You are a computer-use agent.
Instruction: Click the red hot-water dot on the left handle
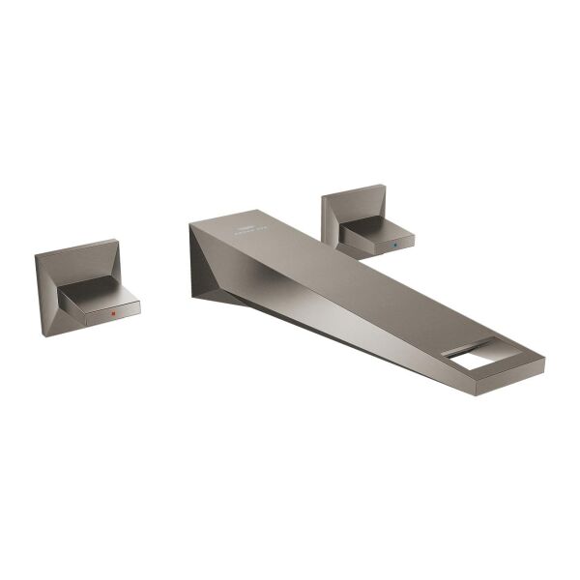pos(113,314)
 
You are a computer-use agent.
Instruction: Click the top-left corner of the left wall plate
pos(36,256)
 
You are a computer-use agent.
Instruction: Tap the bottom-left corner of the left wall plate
pos(43,335)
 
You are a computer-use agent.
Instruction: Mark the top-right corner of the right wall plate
pos(385,185)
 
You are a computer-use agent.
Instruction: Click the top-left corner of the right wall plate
pos(323,196)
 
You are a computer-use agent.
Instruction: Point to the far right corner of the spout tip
pos(544,365)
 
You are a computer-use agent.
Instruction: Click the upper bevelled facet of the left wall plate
pos(77,255)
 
